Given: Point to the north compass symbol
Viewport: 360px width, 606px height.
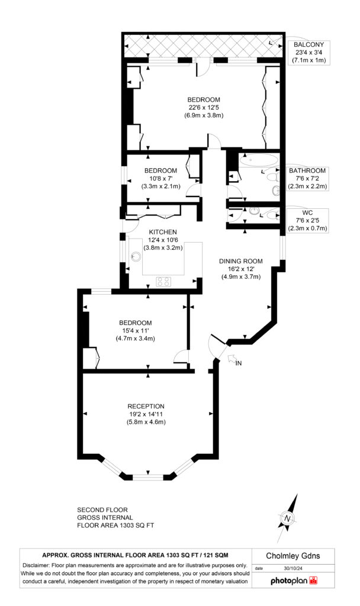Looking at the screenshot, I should click(287, 519).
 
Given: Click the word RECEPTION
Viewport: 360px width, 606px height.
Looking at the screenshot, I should click(146, 405).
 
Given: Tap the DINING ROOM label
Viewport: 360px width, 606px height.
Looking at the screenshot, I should click(240, 260).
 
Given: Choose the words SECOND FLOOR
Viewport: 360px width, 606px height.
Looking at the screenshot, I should click(102, 510).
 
